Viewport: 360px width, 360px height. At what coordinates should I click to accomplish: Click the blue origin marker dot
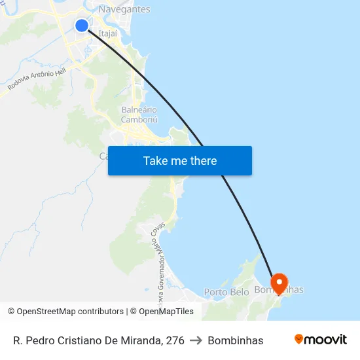(82, 26)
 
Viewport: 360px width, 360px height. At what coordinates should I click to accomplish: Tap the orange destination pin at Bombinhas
(279, 283)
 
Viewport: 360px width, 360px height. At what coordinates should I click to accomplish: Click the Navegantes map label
(124, 9)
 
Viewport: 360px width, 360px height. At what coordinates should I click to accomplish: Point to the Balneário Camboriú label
(139, 115)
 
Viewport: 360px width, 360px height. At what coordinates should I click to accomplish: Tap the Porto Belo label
(226, 292)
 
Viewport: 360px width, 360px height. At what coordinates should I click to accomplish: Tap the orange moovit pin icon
(299, 339)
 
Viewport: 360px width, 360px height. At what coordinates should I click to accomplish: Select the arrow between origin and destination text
(196, 340)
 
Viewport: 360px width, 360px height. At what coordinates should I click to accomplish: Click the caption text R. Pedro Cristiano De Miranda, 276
(98, 340)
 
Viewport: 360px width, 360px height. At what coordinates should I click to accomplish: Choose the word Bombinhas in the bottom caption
(235, 340)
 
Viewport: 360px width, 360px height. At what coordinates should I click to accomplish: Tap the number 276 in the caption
(175, 340)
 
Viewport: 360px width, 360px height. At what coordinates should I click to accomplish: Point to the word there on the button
(204, 161)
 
